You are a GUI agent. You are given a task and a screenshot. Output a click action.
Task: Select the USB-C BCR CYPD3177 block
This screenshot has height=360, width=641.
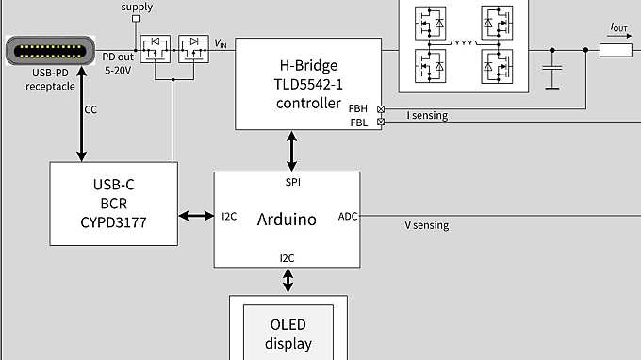(x=112, y=203)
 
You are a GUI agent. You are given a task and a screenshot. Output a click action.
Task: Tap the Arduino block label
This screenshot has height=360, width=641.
(x=287, y=219)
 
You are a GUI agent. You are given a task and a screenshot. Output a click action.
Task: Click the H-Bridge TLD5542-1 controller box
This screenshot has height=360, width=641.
(x=307, y=83)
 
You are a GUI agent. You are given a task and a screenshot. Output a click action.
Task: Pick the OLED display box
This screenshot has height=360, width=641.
(x=288, y=333)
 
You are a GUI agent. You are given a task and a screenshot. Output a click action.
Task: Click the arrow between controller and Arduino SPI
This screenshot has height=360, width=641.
(x=291, y=151)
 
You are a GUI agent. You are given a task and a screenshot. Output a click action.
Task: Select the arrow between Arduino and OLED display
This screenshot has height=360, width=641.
(x=288, y=280)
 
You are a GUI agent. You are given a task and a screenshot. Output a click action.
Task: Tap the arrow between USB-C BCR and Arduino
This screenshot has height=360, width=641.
(x=195, y=217)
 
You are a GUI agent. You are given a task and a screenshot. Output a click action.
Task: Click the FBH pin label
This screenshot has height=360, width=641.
(x=360, y=108)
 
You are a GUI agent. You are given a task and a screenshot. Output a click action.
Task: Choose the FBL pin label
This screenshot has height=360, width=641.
(x=359, y=123)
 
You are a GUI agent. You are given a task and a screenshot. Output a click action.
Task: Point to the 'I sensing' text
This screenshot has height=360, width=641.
(x=426, y=116)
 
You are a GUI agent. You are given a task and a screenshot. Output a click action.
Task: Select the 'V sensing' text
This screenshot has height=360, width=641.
(x=426, y=225)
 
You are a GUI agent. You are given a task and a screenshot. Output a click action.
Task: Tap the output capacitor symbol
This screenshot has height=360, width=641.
(x=553, y=70)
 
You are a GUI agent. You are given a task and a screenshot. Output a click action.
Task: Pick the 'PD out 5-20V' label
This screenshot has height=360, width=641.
(x=120, y=63)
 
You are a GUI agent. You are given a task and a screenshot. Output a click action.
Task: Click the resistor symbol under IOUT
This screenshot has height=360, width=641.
(x=616, y=50)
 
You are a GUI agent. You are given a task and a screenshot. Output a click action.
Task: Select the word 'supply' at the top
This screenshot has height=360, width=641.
(x=137, y=8)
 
